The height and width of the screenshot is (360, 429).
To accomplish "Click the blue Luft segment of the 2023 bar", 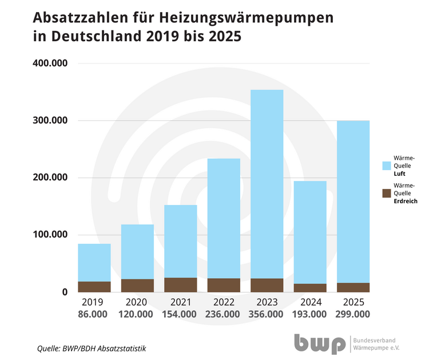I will pyautogui.click(x=267, y=183).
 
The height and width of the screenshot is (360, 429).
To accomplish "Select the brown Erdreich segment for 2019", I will pyautogui.click(x=94, y=286).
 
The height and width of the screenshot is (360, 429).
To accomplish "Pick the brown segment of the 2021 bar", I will pyautogui.click(x=181, y=284).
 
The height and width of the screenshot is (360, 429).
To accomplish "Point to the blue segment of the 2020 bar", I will pyautogui.click(x=137, y=252).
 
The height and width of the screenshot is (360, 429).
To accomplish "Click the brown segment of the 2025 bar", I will pyautogui.click(x=353, y=287).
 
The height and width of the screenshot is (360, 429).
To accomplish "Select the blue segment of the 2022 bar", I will pyautogui.click(x=224, y=217).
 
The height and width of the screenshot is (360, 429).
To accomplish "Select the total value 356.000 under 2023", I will pyautogui.click(x=267, y=314).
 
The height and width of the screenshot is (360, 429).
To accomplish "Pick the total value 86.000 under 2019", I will pyautogui.click(x=94, y=314).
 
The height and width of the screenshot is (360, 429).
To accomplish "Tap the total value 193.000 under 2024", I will pyautogui.click(x=310, y=314).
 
